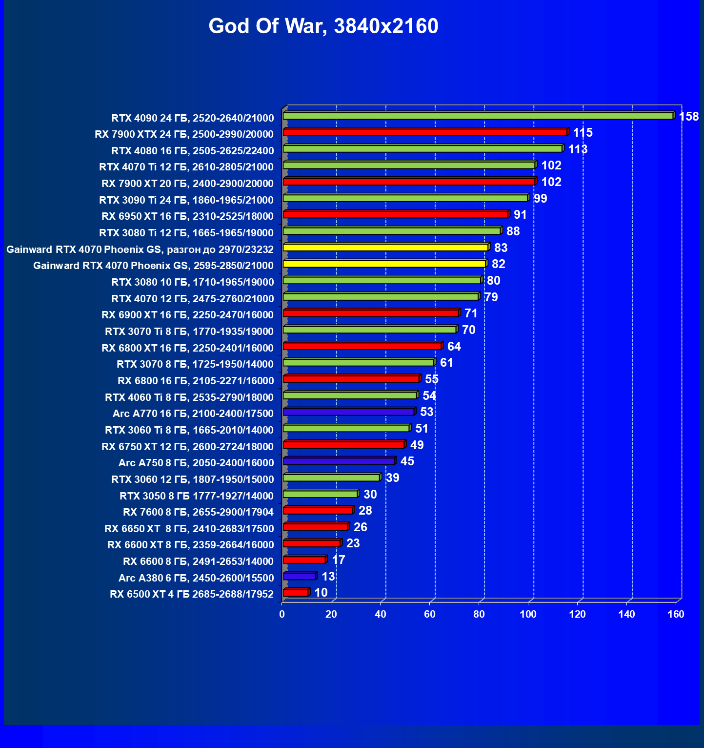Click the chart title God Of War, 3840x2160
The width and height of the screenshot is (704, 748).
pyautogui.click(x=323, y=26)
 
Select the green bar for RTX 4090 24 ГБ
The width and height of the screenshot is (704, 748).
pyautogui.click(x=478, y=116)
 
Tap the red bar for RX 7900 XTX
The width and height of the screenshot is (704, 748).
pyautogui.click(x=425, y=132)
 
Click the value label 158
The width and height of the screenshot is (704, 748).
pyautogui.click(x=689, y=117)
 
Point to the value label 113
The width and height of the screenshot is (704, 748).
pyautogui.click(x=578, y=149)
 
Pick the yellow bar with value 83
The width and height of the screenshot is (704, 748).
pyautogui.click(x=385, y=248)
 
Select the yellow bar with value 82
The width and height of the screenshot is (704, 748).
pyautogui.click(x=384, y=264)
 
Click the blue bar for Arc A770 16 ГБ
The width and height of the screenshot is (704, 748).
pyautogui.click(x=348, y=412)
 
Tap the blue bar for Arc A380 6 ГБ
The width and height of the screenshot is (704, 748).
pyautogui.click(x=299, y=577)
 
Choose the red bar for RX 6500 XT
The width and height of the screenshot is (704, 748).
pyautogui.click(x=295, y=593)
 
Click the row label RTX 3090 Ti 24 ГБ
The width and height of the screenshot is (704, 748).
pyautogui.click(x=186, y=200)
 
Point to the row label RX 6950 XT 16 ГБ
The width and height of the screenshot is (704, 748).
pyautogui.click(x=187, y=216)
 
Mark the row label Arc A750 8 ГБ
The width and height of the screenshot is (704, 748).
pyautogui.click(x=196, y=463)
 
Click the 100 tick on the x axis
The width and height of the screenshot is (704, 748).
pyautogui.click(x=528, y=614)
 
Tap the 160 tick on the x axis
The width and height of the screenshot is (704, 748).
pyautogui.click(x=676, y=614)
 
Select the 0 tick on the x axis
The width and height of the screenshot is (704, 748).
pyautogui.click(x=282, y=614)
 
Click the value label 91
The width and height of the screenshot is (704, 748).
pyautogui.click(x=520, y=215)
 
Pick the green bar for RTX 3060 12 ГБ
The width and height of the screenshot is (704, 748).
pyautogui.click(x=331, y=478)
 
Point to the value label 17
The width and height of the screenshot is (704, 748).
pyautogui.click(x=338, y=560)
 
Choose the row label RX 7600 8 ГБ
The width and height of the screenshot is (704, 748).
pyautogui.click(x=198, y=512)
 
